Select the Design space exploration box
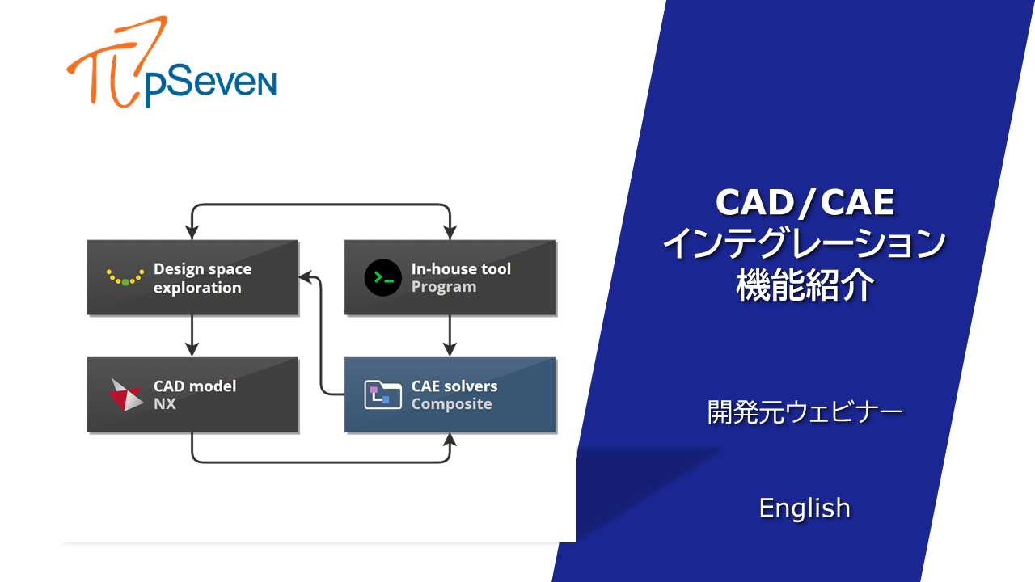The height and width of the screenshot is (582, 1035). pyautogui.click(x=192, y=277)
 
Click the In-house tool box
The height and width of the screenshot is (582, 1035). pyautogui.click(x=450, y=277)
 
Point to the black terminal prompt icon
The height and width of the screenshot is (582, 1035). pyautogui.click(x=382, y=278)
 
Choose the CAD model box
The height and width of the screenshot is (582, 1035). pyautogui.click(x=192, y=394)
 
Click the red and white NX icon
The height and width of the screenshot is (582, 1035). pyautogui.click(x=125, y=395)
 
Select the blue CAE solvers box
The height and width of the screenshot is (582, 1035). pyautogui.click(x=450, y=394)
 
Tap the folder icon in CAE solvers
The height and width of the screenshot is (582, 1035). pyautogui.click(x=382, y=394)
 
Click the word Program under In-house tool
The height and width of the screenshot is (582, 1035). pyautogui.click(x=443, y=287)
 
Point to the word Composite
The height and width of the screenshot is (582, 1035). pyautogui.click(x=451, y=404)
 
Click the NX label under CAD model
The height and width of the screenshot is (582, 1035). pyautogui.click(x=164, y=404)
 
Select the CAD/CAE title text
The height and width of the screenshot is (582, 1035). pyautogui.click(x=805, y=203)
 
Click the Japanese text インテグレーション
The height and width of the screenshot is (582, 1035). pyautogui.click(x=805, y=243)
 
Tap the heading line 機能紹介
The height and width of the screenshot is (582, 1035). pyautogui.click(x=805, y=285)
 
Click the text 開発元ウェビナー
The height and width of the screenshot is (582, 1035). pyautogui.click(x=805, y=413)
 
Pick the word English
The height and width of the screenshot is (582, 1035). pyautogui.click(x=805, y=508)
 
